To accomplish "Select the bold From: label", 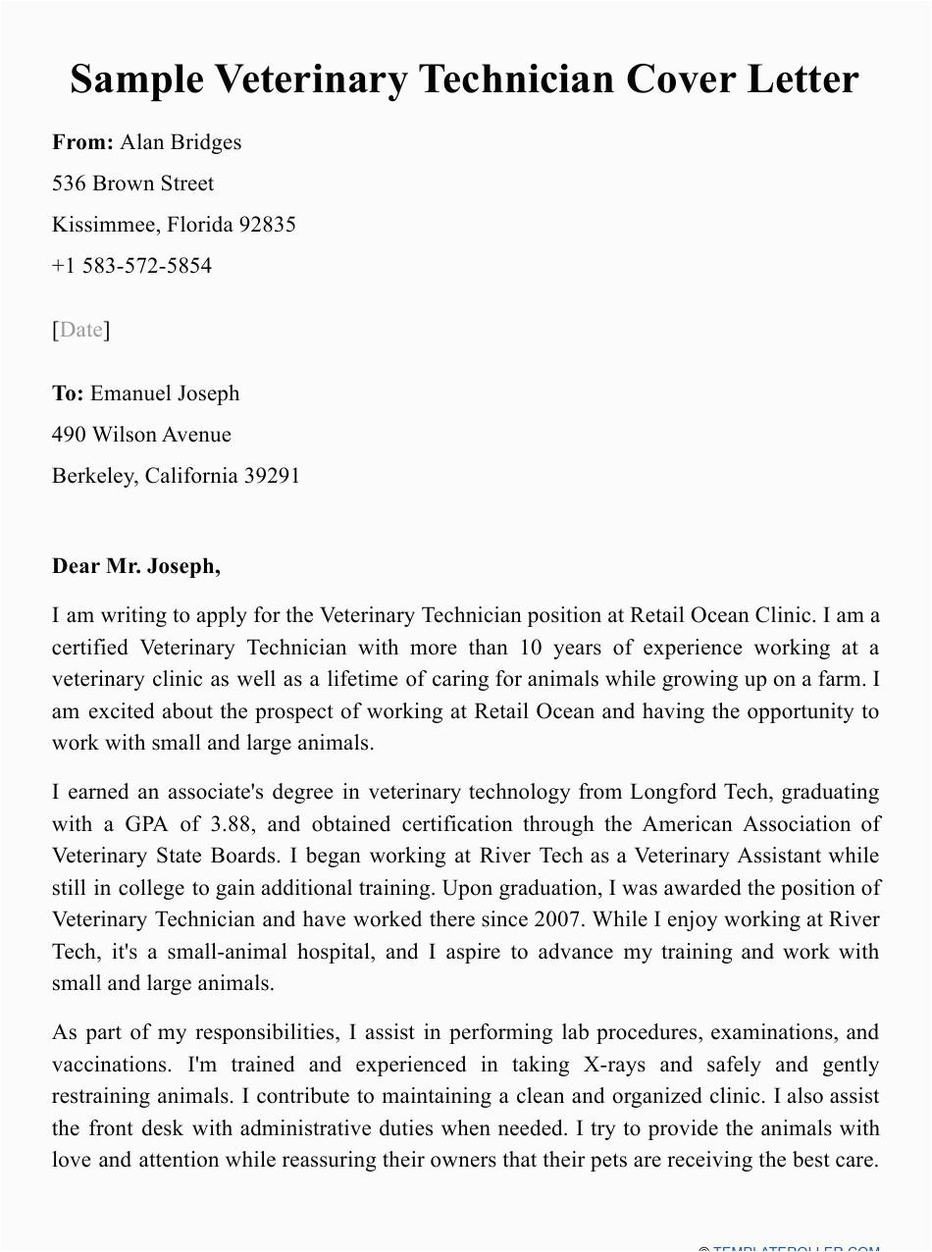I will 83,142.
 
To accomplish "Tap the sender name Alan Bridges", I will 181,142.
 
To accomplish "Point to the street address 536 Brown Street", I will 132,183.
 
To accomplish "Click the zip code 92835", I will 268,225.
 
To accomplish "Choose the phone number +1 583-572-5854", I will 131,266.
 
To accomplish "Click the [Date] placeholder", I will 80,330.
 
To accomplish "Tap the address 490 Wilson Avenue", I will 141,435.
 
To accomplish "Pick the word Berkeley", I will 93,476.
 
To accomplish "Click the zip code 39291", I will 272,476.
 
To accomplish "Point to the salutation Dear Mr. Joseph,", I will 136,566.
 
